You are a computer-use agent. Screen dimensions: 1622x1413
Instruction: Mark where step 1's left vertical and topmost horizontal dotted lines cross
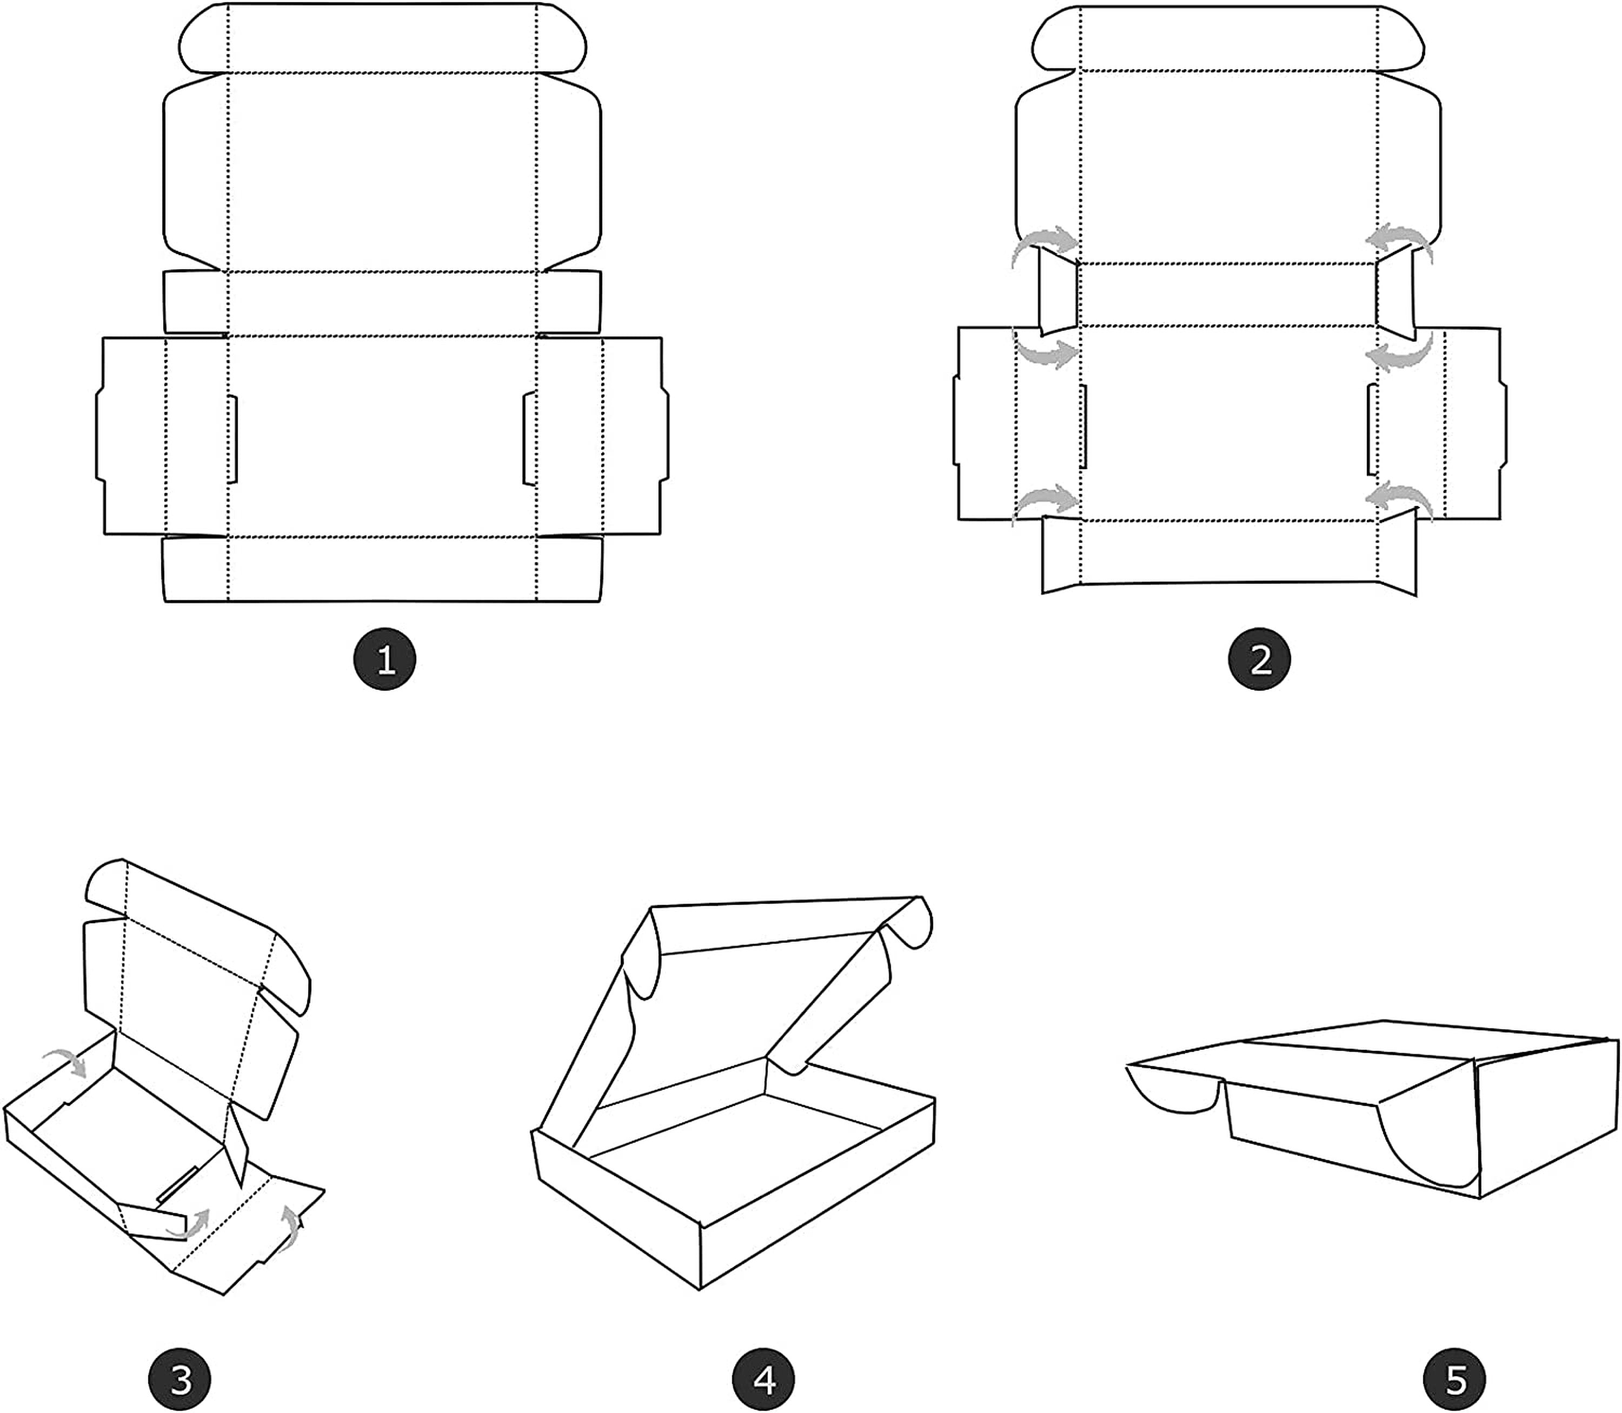[x=228, y=74]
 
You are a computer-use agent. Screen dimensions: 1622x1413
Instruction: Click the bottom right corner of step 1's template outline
[x=601, y=602]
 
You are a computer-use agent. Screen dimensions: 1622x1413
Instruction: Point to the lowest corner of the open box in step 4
[x=700, y=1290]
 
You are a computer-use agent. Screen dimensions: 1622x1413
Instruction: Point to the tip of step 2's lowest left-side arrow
[x=1079, y=498]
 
